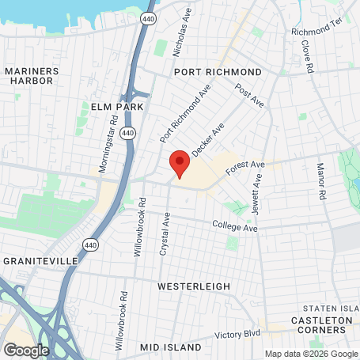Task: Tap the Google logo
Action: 26,350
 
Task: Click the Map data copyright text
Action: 311,354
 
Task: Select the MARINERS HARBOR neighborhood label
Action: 32,75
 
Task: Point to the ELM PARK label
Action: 117,106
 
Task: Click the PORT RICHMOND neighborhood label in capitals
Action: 217,71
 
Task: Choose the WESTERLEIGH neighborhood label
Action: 194,286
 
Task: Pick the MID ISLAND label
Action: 166,347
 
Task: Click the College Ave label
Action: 235,228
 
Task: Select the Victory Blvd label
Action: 238,334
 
